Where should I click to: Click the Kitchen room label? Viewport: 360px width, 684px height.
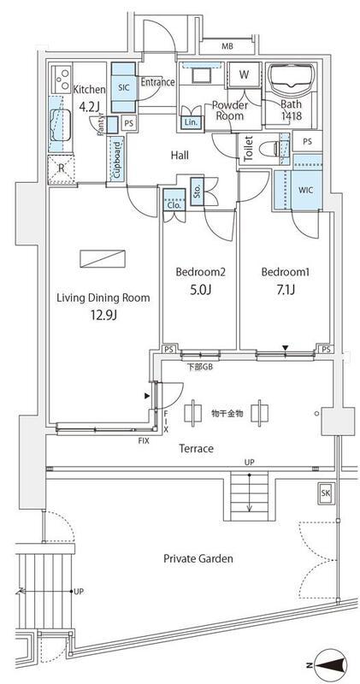89,90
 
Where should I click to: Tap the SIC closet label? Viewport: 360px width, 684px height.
123,86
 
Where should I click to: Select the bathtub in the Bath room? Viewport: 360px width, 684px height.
290,78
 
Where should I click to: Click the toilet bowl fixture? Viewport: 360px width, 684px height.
269,150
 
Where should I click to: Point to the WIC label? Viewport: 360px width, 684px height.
306,190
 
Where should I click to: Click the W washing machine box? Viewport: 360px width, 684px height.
244,75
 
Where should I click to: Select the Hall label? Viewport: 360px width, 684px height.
180,155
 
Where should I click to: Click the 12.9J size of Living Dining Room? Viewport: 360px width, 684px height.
103,315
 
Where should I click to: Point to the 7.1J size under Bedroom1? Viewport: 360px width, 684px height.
286,290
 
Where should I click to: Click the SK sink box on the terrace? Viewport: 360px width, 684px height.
325,493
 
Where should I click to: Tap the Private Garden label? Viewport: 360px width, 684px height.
198,558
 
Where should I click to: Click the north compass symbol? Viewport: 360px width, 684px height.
330,665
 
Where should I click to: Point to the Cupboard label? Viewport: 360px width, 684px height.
117,159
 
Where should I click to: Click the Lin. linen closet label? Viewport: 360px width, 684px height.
191,123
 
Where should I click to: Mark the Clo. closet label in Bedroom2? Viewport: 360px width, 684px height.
174,204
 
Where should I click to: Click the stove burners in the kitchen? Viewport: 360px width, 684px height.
61,78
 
